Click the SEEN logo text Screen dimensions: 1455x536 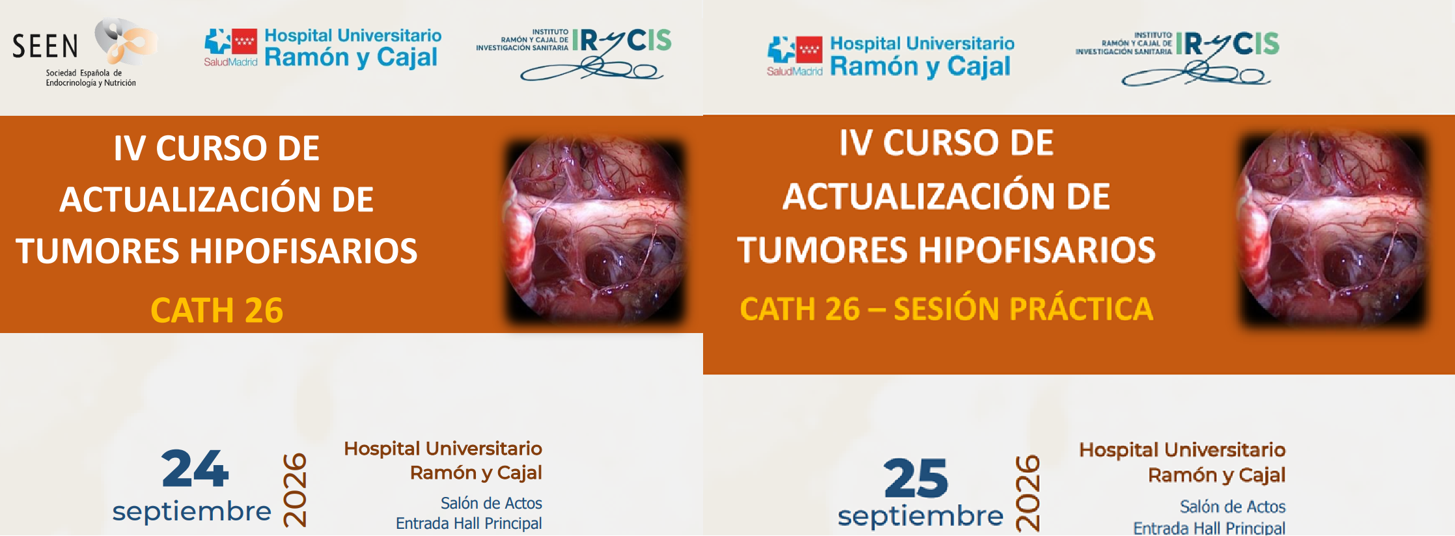(45, 46)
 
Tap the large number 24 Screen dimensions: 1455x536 (195, 468)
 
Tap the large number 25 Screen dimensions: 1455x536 (916, 478)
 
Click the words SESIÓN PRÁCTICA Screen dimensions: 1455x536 (1023, 308)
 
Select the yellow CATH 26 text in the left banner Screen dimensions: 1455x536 (217, 310)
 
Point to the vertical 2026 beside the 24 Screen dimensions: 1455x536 (295, 489)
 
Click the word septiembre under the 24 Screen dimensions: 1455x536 (191, 511)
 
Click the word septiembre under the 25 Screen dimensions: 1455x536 (921, 516)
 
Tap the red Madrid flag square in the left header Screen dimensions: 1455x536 (245, 42)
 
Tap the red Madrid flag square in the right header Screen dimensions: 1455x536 (809, 49)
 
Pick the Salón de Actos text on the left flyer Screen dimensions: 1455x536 (492, 503)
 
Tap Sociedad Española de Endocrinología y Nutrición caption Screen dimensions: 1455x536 (90, 78)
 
